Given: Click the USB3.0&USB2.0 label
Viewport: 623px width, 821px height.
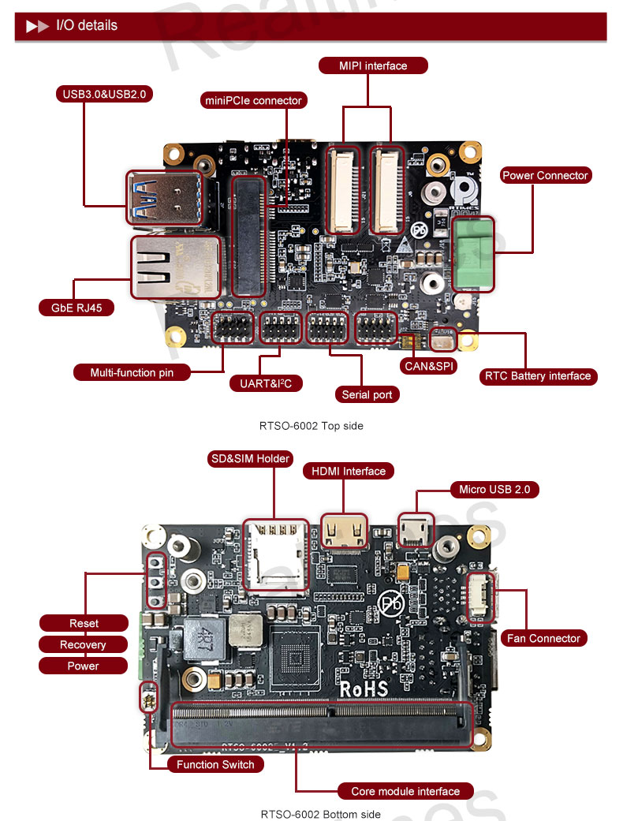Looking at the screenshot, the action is click(x=104, y=95).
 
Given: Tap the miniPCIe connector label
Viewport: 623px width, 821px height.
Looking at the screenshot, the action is click(x=253, y=100).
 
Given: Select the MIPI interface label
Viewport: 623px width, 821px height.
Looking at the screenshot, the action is click(x=373, y=65).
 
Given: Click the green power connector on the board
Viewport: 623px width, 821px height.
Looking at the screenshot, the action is click(x=472, y=253).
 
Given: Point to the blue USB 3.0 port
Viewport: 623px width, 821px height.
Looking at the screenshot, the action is click(x=164, y=198).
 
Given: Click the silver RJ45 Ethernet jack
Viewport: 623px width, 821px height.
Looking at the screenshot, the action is click(x=175, y=267).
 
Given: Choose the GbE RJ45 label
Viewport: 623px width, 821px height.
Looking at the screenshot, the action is click(x=76, y=308).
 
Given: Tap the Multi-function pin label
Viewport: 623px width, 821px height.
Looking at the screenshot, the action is click(x=132, y=373).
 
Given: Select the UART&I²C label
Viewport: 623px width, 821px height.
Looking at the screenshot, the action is click(x=266, y=384).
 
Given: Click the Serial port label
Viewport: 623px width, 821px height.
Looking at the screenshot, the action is click(x=367, y=395).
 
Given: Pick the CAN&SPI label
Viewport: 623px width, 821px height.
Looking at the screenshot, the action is click(x=429, y=367).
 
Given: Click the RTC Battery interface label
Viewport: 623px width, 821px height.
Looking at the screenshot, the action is click(x=538, y=376).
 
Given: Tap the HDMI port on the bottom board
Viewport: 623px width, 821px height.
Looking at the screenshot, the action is click(x=344, y=532).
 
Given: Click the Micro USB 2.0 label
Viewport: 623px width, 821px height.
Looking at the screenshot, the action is click(x=494, y=490).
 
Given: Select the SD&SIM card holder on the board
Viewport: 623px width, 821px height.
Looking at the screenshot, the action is click(x=276, y=555).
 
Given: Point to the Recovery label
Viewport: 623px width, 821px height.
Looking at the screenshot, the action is click(x=83, y=644).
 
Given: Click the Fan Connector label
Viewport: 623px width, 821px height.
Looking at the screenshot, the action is click(x=543, y=638).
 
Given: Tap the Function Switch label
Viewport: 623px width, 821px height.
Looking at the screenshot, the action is click(x=215, y=764).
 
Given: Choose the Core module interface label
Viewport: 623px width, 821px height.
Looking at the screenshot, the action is click(x=405, y=791).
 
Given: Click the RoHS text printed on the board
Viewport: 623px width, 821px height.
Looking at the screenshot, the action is click(x=364, y=689).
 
